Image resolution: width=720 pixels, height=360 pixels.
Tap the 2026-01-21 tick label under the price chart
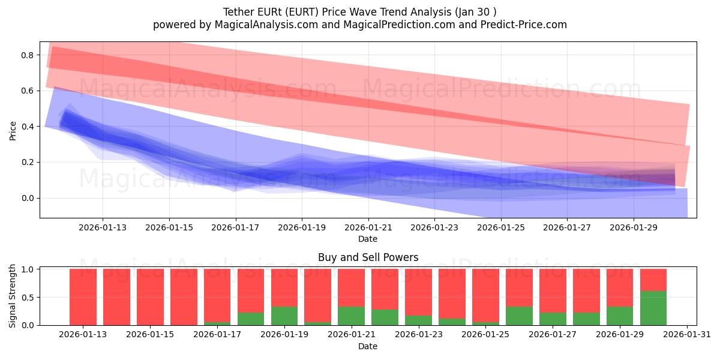click(x=368, y=227)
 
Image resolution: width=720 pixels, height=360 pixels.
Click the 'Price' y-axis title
click(x=13, y=130)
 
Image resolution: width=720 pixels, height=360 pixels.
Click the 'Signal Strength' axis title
click(x=13, y=296)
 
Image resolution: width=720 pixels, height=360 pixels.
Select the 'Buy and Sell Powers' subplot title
click(x=368, y=258)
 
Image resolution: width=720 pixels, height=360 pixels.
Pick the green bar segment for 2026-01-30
click(x=653, y=308)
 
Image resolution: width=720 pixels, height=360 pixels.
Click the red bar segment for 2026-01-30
click(x=653, y=280)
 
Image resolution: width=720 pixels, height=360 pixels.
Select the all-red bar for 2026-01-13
click(x=83, y=297)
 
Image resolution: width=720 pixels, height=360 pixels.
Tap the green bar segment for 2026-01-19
click(x=284, y=316)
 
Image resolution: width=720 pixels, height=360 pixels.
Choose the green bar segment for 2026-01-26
click(x=519, y=316)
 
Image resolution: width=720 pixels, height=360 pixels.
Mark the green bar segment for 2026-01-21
click(x=351, y=316)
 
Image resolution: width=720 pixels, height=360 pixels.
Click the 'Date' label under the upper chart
click(x=368, y=239)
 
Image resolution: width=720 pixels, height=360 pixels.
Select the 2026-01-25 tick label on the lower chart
click(x=485, y=335)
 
